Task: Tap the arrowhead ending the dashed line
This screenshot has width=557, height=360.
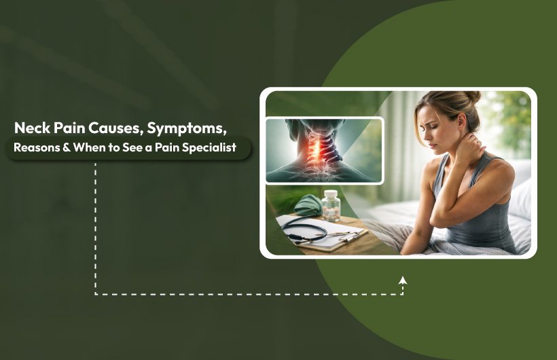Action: point(403,280)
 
